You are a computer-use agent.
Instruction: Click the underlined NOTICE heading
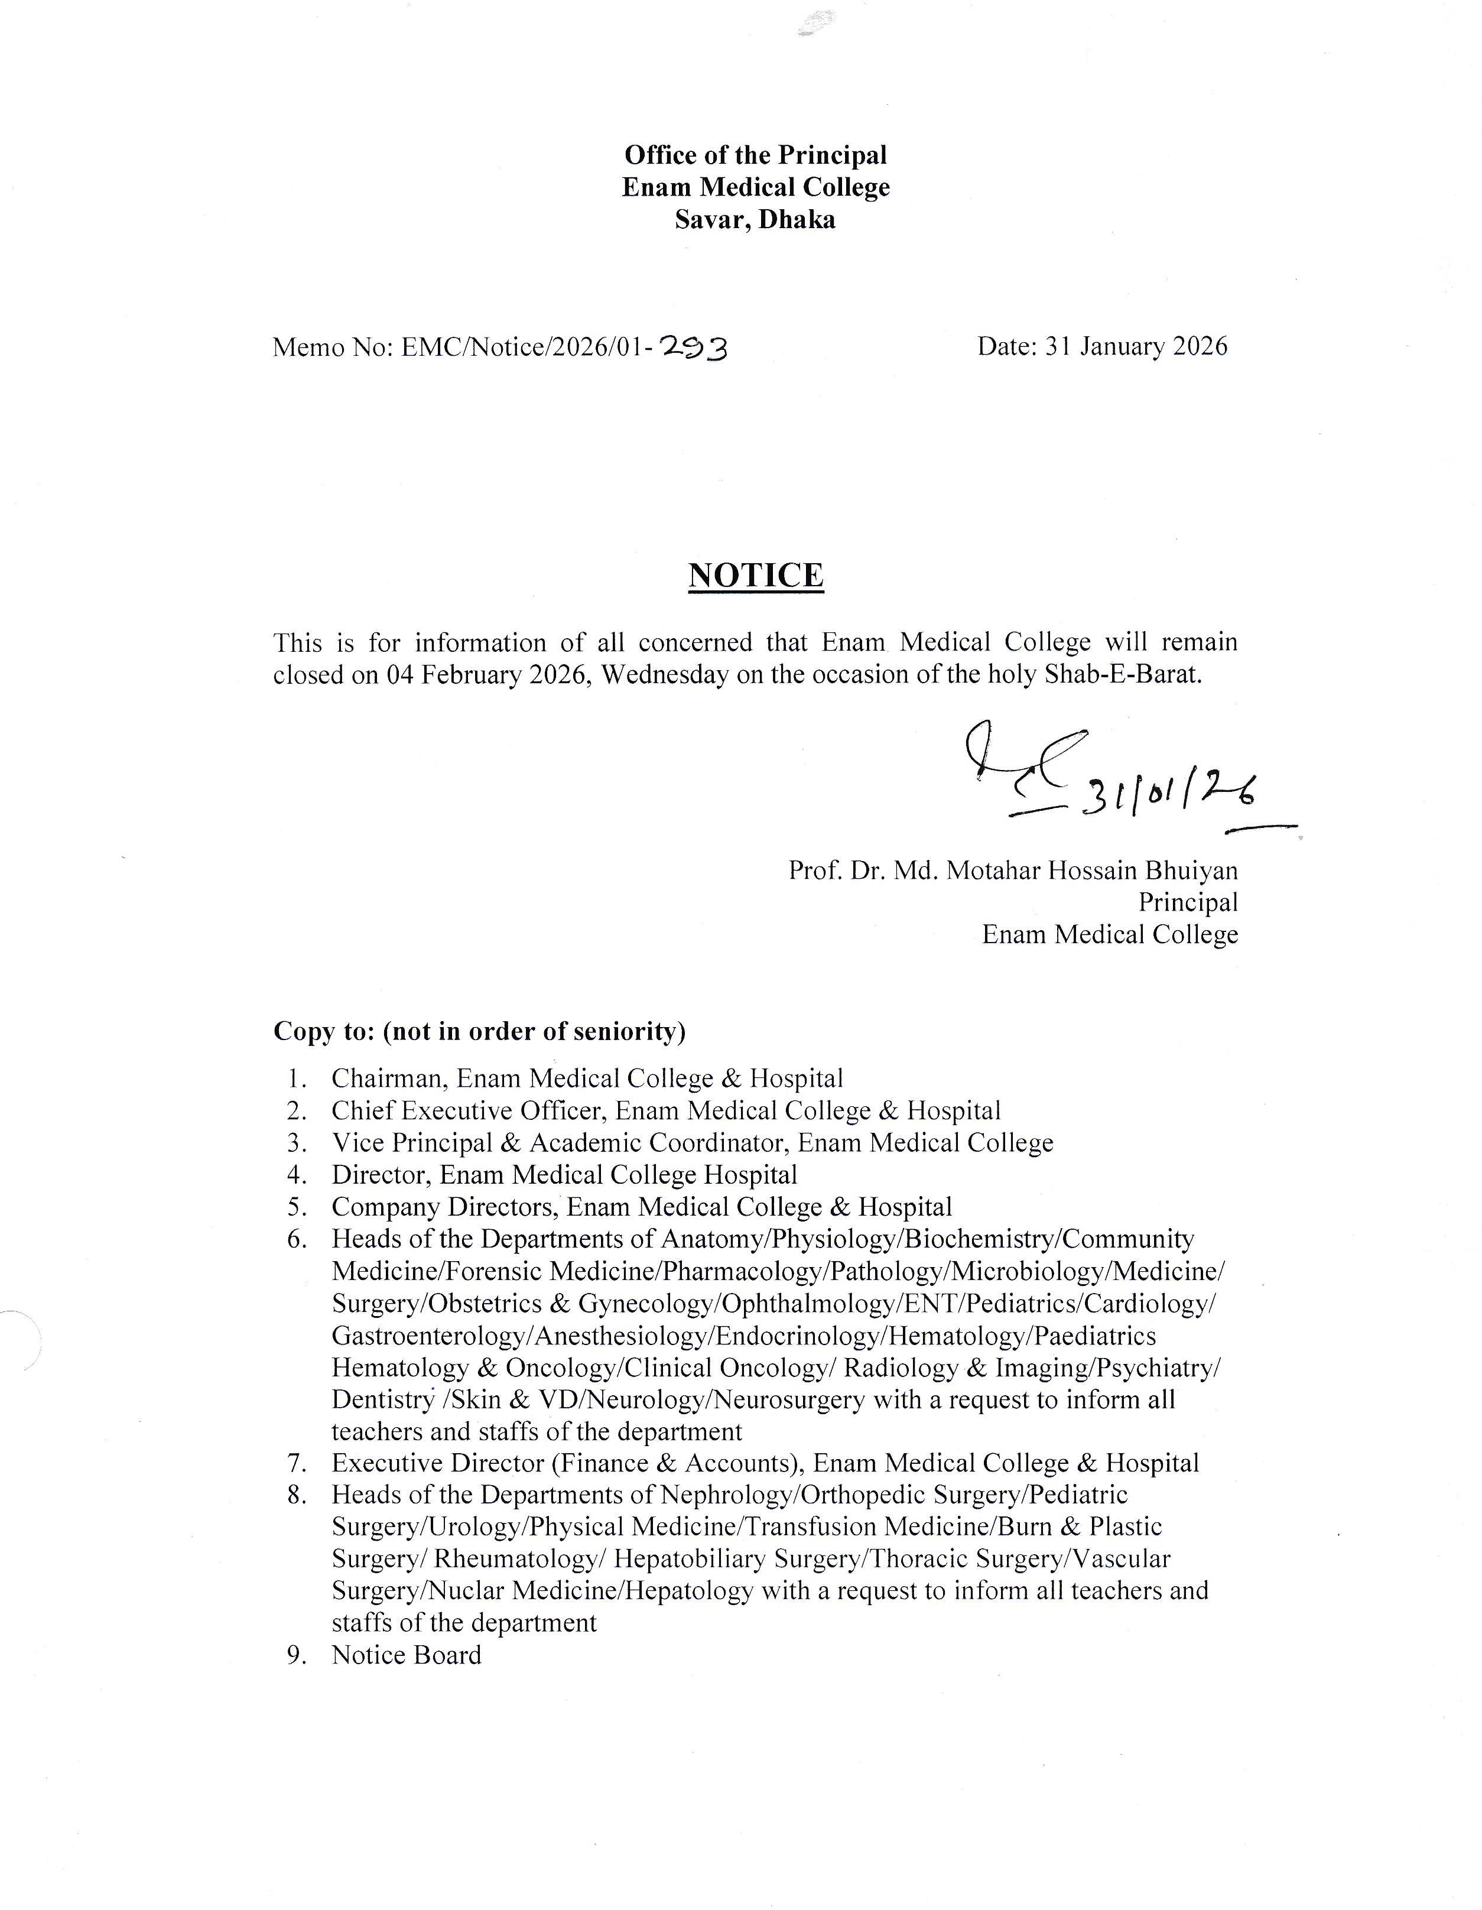pyautogui.click(x=755, y=576)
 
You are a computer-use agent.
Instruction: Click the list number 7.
pyautogui.click(x=295, y=1463)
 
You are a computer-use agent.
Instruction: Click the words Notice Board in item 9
pyautogui.click(x=407, y=1655)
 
